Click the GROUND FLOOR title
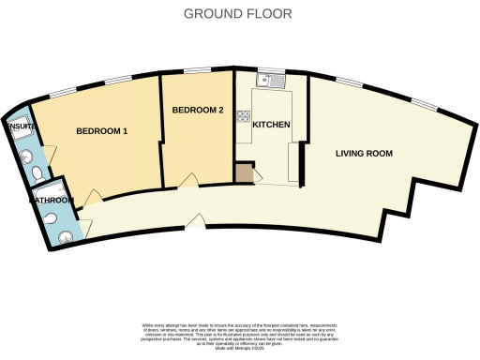coord(237,14)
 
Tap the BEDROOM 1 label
coord(101,131)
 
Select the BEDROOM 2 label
coord(198,111)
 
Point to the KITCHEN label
coord(271,125)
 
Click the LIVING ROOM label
coord(366,153)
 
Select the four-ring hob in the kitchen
coord(244,117)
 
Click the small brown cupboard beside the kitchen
coord(244,172)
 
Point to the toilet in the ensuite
coord(36,174)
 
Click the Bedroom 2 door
coord(187,178)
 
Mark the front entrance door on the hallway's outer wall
coord(195,221)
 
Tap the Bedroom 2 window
coord(196,71)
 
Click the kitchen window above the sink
coord(272,70)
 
